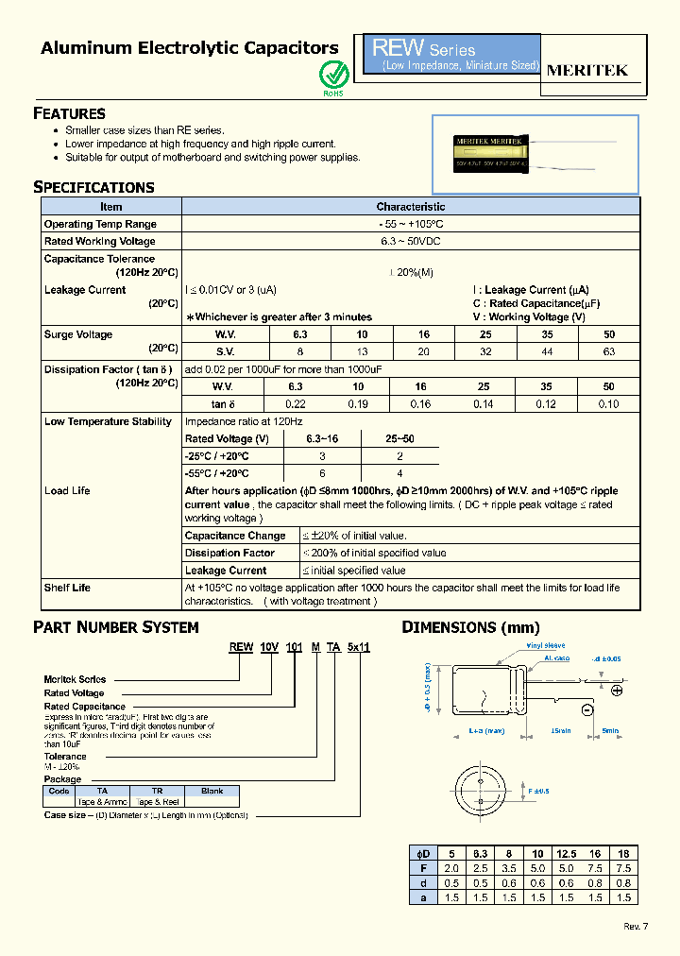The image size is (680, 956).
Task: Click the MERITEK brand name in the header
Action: tap(586, 70)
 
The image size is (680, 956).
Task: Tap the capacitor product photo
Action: tap(535, 155)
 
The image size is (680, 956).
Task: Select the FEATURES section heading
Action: tap(69, 113)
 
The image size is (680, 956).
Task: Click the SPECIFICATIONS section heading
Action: tap(93, 187)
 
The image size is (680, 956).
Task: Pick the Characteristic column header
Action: tap(410, 206)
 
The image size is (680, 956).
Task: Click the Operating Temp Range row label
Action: tap(100, 224)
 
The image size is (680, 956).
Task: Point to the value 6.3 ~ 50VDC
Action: tap(410, 241)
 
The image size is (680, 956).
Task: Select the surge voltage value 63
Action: tap(608, 351)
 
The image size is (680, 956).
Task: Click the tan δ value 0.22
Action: tap(296, 404)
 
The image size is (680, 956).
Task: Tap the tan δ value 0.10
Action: tap(608, 404)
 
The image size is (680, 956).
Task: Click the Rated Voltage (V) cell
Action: tap(227, 439)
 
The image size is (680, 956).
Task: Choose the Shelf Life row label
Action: tap(67, 588)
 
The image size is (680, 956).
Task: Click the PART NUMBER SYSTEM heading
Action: tap(116, 627)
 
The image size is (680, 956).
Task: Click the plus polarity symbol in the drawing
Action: tap(617, 691)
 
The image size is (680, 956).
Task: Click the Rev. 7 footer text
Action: tap(636, 926)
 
